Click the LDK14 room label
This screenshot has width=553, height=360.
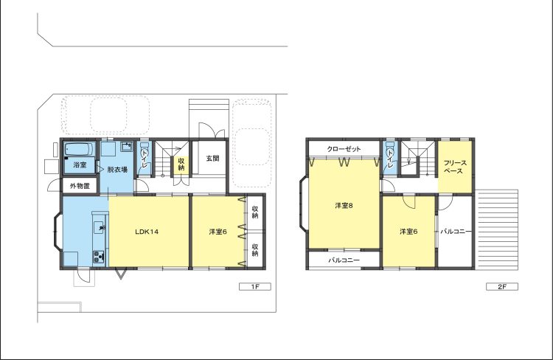tap(147, 232)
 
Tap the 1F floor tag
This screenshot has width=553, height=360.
tap(255, 286)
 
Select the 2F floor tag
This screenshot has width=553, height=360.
tap(502, 286)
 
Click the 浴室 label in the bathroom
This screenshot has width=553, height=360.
tap(80, 165)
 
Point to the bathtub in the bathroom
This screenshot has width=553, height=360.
tap(80, 149)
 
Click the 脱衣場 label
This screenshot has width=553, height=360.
tap(117, 170)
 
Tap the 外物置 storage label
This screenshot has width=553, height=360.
tap(80, 186)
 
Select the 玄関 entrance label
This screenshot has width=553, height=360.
tap(212, 158)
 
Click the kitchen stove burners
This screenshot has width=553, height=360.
tap(98, 257)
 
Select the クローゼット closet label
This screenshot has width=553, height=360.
tap(344, 149)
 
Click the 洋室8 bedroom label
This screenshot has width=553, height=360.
tap(344, 205)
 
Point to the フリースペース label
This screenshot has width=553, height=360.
tap(455, 167)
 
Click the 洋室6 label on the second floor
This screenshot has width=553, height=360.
tap(408, 232)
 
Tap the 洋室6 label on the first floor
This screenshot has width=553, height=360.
tap(218, 232)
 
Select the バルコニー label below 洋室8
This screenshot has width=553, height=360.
tap(344, 260)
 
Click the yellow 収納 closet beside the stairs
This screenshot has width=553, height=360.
tap(181, 164)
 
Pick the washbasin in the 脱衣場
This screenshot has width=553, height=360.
tap(127, 145)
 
